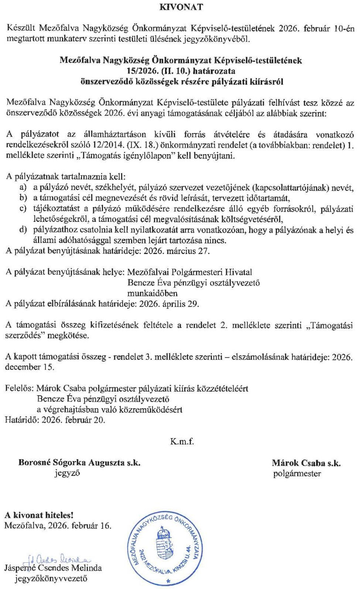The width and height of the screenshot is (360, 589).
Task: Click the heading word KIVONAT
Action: coord(180,7)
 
